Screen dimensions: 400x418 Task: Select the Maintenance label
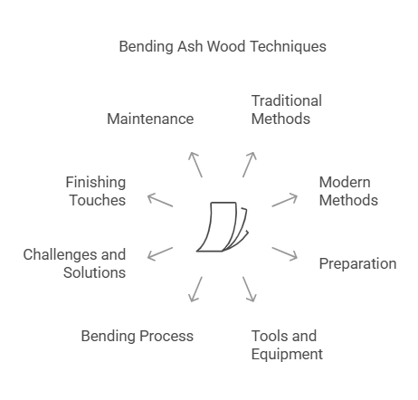[150, 119]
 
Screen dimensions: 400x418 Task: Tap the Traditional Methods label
[286, 110]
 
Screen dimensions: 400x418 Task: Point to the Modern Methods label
[348, 191]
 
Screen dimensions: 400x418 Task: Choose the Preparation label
[357, 263]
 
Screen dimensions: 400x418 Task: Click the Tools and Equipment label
[286, 345]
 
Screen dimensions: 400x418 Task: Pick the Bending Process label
[137, 336]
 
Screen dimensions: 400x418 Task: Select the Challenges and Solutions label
[74, 263]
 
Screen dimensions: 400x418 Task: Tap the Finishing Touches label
[95, 191]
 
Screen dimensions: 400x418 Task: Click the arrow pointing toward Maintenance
[195, 164]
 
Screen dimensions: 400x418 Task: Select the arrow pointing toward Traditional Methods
[250, 164]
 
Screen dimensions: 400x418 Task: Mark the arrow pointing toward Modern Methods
[285, 199]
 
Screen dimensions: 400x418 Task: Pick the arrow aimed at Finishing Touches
[160, 199]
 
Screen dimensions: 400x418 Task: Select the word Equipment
[286, 354]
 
